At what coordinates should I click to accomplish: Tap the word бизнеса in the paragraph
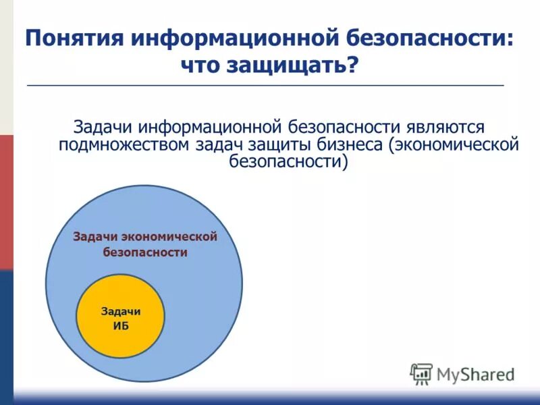pyautogui.click(x=353, y=144)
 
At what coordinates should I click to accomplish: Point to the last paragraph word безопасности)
pyautogui.click(x=288, y=162)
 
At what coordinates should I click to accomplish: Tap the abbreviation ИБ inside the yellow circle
pyautogui.click(x=121, y=325)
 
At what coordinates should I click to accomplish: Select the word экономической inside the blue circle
pyautogui.click(x=170, y=236)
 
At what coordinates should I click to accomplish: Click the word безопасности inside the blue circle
pyautogui.click(x=144, y=252)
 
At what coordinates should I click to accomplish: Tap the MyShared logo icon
pyautogui.click(x=421, y=373)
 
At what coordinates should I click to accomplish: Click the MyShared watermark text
pyautogui.click(x=475, y=374)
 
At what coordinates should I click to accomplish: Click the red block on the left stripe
pyautogui.click(x=6, y=202)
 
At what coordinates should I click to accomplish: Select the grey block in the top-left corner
pyautogui.click(x=6, y=67)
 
